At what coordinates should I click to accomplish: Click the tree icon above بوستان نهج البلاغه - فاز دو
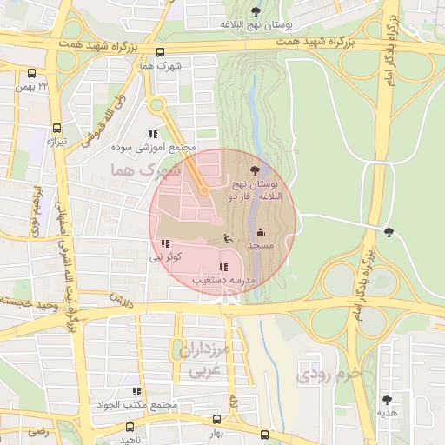254,171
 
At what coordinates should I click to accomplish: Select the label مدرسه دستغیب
223,282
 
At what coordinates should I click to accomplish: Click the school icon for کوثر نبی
166,244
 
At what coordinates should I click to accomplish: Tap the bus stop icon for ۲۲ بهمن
32,75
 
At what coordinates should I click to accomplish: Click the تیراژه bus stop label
56,141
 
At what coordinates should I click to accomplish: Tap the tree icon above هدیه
387,400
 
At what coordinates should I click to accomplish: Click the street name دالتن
118,298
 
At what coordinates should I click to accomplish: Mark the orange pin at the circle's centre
204,189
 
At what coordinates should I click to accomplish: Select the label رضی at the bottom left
37,430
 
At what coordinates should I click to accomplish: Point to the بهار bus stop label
216,432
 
